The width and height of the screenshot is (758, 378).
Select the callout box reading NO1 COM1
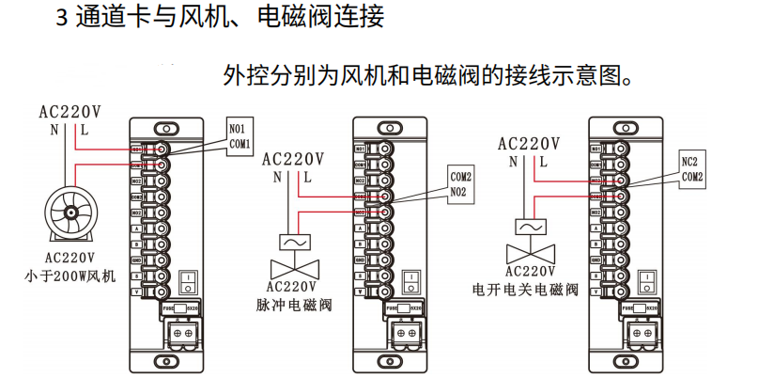240,135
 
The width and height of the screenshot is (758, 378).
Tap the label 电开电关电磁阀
525,289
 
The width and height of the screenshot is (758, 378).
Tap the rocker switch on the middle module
409,280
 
